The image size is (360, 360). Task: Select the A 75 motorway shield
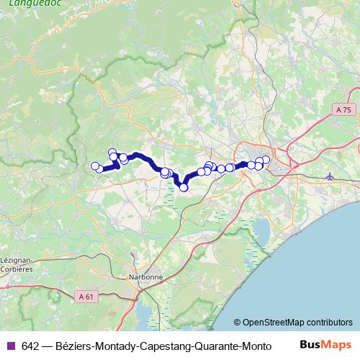pyautogui.click(x=345, y=109)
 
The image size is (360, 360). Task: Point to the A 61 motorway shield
pyautogui.click(x=86, y=296)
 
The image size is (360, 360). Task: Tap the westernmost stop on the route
pyautogui.click(x=94, y=166)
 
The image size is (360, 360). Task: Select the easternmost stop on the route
pyautogui.click(x=266, y=160)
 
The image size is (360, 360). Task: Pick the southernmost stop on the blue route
pyautogui.click(x=184, y=187)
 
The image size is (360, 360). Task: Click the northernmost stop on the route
pyautogui.click(x=112, y=152)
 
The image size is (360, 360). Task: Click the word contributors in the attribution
pyautogui.click(x=328, y=323)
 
